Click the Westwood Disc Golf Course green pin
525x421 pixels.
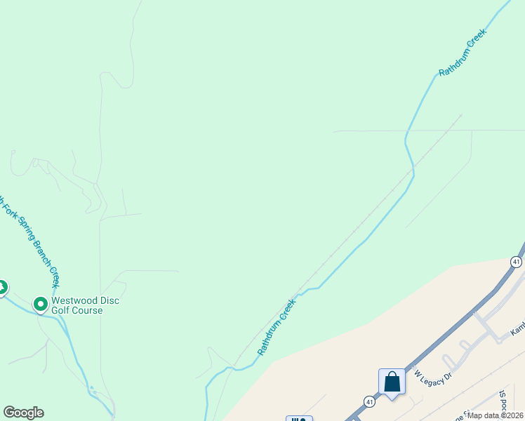tap(41, 305)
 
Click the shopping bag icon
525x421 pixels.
tap(392, 382)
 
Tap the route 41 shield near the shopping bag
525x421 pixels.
tap(369, 401)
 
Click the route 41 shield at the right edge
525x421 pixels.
tap(517, 262)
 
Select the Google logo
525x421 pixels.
tap(23, 413)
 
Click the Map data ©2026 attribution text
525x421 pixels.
tap(496, 415)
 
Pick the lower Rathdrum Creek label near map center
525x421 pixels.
tap(277, 328)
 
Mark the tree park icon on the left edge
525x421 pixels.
tap(2, 288)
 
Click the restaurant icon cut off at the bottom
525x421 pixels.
tap(299, 419)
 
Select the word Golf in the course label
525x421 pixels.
tap(59, 311)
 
